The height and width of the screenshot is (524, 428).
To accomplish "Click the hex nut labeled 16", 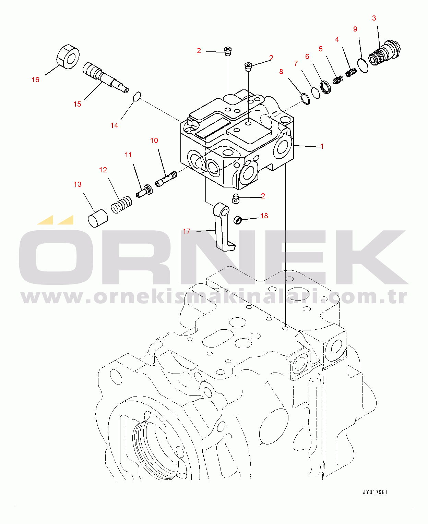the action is pyautogui.click(x=68, y=57).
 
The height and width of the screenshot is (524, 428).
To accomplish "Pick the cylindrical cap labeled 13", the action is pyautogui.click(x=98, y=218).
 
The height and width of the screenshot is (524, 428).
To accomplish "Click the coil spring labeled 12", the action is pyautogui.click(x=121, y=205).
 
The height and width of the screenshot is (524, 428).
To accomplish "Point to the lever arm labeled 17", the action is pyautogui.click(x=224, y=226).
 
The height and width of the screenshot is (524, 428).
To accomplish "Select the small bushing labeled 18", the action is pyautogui.click(x=238, y=220).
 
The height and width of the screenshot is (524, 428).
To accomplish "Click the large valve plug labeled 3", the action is pyautogui.click(x=384, y=53).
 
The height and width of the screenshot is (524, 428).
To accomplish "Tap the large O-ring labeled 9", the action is pyautogui.click(x=363, y=65).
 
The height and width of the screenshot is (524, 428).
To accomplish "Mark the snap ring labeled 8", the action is pyautogui.click(x=305, y=99).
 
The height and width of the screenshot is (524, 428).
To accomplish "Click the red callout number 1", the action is pyautogui.click(x=322, y=146).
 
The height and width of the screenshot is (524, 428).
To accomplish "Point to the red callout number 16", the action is pyautogui.click(x=36, y=80).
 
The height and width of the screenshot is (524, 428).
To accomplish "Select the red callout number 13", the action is pyautogui.click(x=78, y=184).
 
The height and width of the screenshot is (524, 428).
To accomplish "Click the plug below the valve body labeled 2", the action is pyautogui.click(x=236, y=199).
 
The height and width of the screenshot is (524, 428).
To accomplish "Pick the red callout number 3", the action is pyautogui.click(x=374, y=18).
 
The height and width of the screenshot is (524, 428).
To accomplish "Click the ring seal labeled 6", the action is pyautogui.click(x=325, y=87).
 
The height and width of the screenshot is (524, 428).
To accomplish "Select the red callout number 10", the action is pyautogui.click(x=154, y=141).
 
